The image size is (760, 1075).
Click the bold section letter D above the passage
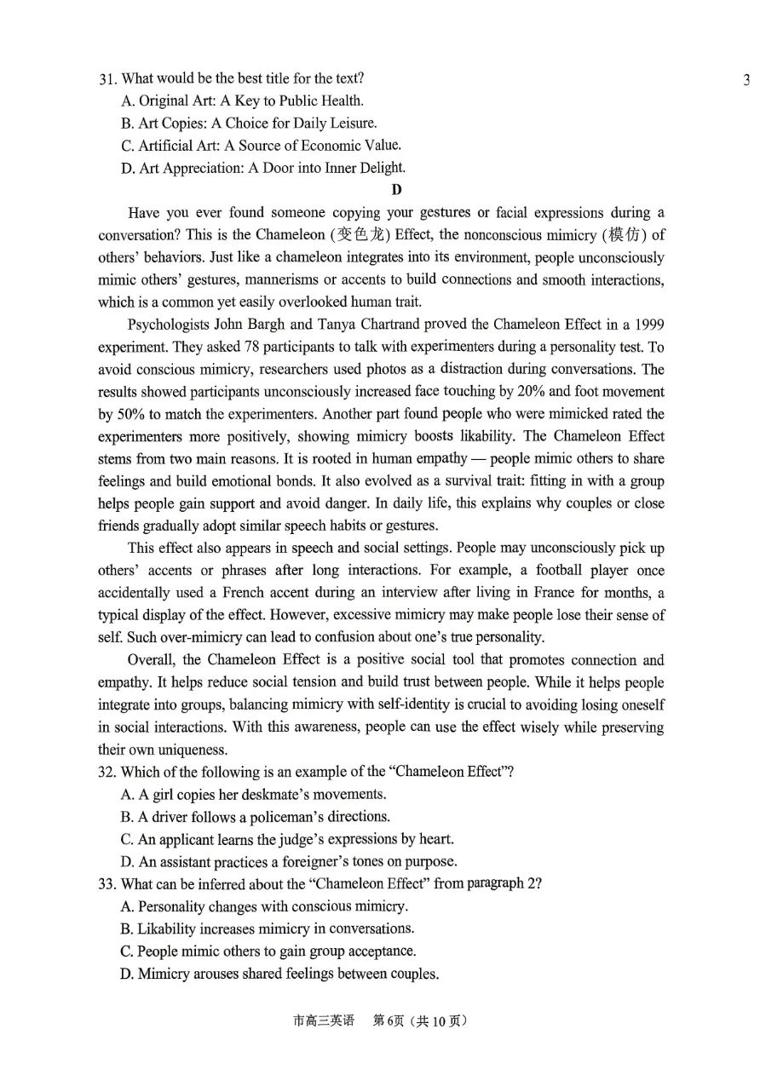396,190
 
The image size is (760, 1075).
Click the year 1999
649,325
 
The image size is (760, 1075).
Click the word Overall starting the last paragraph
151,660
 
